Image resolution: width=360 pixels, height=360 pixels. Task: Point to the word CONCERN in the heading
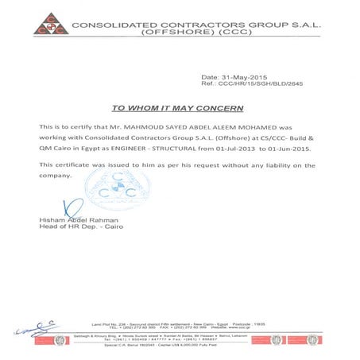pos(219,107)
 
